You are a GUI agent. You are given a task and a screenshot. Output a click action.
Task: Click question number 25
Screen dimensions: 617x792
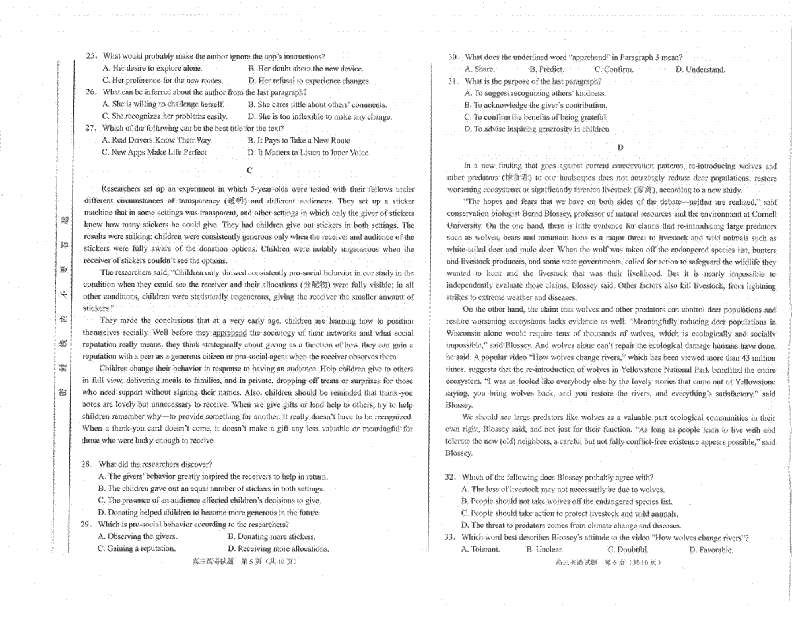[x=92, y=57]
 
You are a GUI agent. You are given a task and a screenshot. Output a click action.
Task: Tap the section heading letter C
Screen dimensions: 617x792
[x=249, y=170]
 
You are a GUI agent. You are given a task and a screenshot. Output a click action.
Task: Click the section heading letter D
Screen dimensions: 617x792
[x=620, y=147]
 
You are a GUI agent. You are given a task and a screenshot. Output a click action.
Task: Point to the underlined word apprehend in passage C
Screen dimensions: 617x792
[x=230, y=333]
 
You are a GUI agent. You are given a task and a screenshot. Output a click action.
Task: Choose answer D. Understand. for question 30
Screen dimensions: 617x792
[x=700, y=69]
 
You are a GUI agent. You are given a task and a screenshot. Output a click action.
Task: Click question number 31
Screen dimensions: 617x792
[x=453, y=81]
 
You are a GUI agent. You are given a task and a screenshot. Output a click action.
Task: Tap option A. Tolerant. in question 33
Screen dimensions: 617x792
[x=480, y=550]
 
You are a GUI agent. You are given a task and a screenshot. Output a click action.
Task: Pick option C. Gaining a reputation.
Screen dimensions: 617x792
[x=137, y=548]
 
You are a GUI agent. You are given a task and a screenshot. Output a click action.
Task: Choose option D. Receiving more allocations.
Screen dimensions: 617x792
[x=278, y=548]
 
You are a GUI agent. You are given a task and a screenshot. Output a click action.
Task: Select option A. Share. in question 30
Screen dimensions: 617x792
[x=480, y=69]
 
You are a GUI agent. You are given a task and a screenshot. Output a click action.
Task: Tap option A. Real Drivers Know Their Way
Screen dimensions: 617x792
[x=156, y=140]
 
